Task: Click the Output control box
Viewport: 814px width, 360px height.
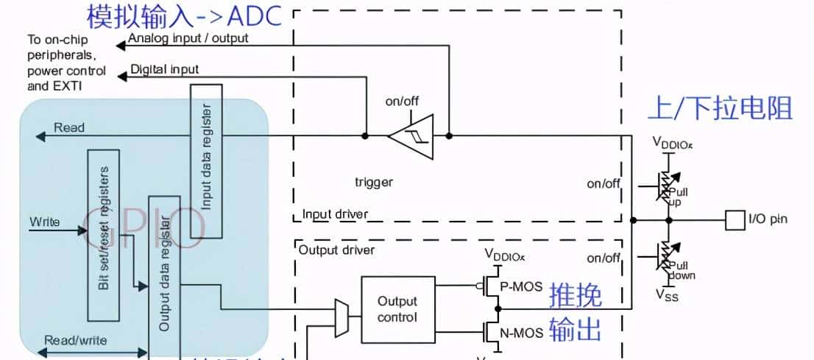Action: tap(397, 309)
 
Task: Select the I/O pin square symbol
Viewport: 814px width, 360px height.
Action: tap(735, 219)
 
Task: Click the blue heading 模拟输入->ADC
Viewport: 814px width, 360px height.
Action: tap(184, 15)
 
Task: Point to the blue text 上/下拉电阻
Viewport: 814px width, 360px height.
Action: tap(719, 108)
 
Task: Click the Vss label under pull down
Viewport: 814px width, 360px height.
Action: tap(668, 295)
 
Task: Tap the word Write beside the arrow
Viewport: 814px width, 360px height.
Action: tap(45, 221)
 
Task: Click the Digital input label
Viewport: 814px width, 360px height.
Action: tap(164, 69)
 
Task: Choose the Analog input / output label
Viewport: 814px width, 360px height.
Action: tap(188, 38)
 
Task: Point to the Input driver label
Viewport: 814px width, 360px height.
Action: tap(335, 214)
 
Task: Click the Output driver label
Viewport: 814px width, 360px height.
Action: tap(337, 250)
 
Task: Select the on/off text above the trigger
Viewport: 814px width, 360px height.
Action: tap(403, 102)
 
